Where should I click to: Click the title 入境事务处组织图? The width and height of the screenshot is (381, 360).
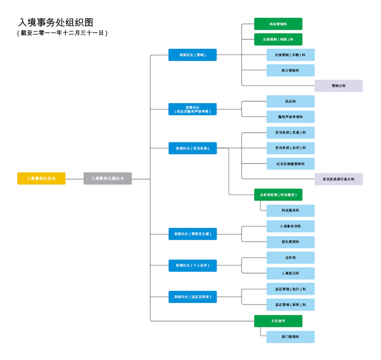56,22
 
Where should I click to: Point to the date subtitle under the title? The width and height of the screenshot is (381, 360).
63,33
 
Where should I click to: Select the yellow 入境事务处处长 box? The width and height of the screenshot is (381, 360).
41,178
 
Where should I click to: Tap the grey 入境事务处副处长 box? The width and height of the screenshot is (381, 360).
107,178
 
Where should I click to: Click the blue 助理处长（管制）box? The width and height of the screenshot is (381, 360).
193,55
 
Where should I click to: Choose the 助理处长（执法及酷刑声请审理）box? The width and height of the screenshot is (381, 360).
193,109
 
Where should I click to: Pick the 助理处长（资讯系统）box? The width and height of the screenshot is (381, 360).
193,148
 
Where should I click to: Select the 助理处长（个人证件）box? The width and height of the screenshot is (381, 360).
193,265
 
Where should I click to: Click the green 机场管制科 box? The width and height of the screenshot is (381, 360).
278,24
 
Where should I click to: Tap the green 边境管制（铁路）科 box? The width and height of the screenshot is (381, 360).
278,39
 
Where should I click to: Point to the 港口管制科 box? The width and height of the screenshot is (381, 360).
290,70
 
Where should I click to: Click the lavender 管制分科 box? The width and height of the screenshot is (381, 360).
339,86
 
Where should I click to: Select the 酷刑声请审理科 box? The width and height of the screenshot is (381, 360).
290,117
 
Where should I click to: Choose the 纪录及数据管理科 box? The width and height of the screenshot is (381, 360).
290,164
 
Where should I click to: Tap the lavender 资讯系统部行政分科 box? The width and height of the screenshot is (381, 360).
339,179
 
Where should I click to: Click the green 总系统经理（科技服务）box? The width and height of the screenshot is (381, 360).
278,195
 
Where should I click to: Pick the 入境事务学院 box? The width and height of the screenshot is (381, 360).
290,226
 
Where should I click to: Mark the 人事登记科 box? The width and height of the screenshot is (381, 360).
290,273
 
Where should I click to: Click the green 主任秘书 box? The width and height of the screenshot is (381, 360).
278,321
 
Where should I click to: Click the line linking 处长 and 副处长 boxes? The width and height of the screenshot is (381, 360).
75,179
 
